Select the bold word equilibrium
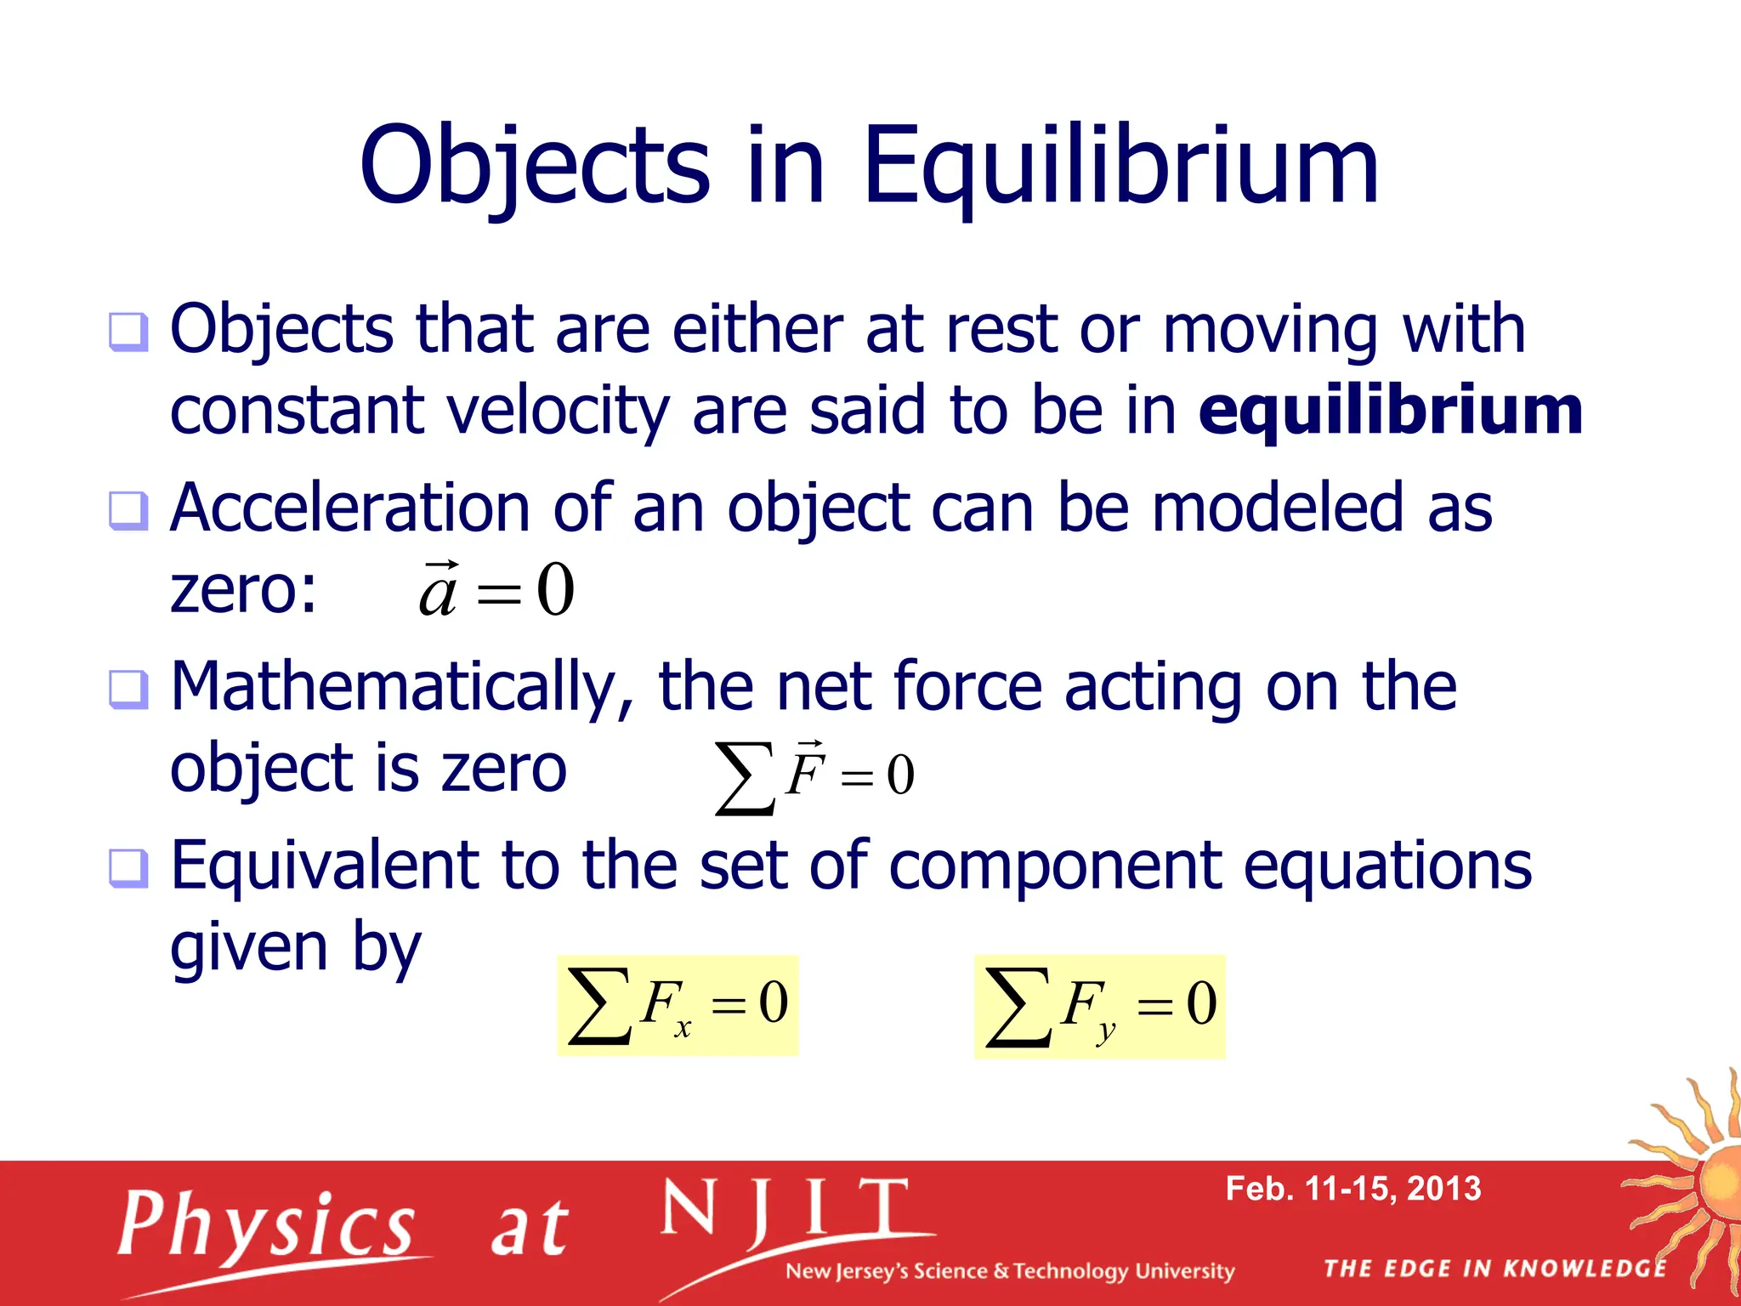1390,411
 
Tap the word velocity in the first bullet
559,411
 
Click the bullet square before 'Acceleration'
128,511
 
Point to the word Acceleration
350,508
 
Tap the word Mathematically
401,686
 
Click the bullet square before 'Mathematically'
128,690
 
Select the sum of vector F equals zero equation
814,775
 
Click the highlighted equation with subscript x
678,1005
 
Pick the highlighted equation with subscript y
1099,1007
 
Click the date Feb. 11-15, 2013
1353,1189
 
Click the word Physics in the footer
267,1225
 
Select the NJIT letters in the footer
785,1210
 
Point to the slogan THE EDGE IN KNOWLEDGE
1494,1269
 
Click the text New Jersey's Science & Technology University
1009,1271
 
